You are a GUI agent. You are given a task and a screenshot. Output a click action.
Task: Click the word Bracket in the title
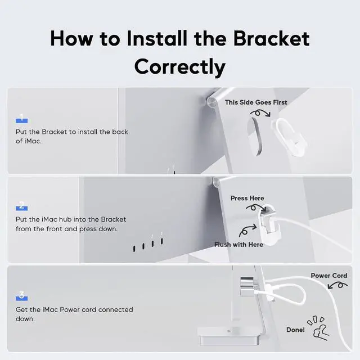(271, 39)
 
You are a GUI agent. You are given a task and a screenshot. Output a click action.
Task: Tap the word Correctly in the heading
(180, 66)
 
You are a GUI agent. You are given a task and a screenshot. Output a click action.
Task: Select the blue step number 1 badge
(21, 118)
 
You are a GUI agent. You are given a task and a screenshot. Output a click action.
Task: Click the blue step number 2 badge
(21, 206)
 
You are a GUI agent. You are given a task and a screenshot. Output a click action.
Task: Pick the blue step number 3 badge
(21, 296)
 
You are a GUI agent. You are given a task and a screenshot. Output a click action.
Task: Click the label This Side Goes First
(256, 102)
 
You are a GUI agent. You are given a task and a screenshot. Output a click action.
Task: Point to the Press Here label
(247, 198)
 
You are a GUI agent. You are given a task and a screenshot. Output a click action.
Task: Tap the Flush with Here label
(238, 245)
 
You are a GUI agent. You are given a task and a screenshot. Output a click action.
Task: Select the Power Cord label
(328, 276)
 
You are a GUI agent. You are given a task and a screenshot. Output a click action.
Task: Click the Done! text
(295, 330)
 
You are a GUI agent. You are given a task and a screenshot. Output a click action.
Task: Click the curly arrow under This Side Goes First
(260, 113)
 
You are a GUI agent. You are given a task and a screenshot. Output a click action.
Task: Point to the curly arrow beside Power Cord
(337, 285)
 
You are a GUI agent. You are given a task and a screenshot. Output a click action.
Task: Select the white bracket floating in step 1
(289, 137)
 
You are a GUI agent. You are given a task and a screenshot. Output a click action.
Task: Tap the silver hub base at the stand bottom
(229, 336)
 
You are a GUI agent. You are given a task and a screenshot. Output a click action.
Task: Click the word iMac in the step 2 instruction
(49, 219)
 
